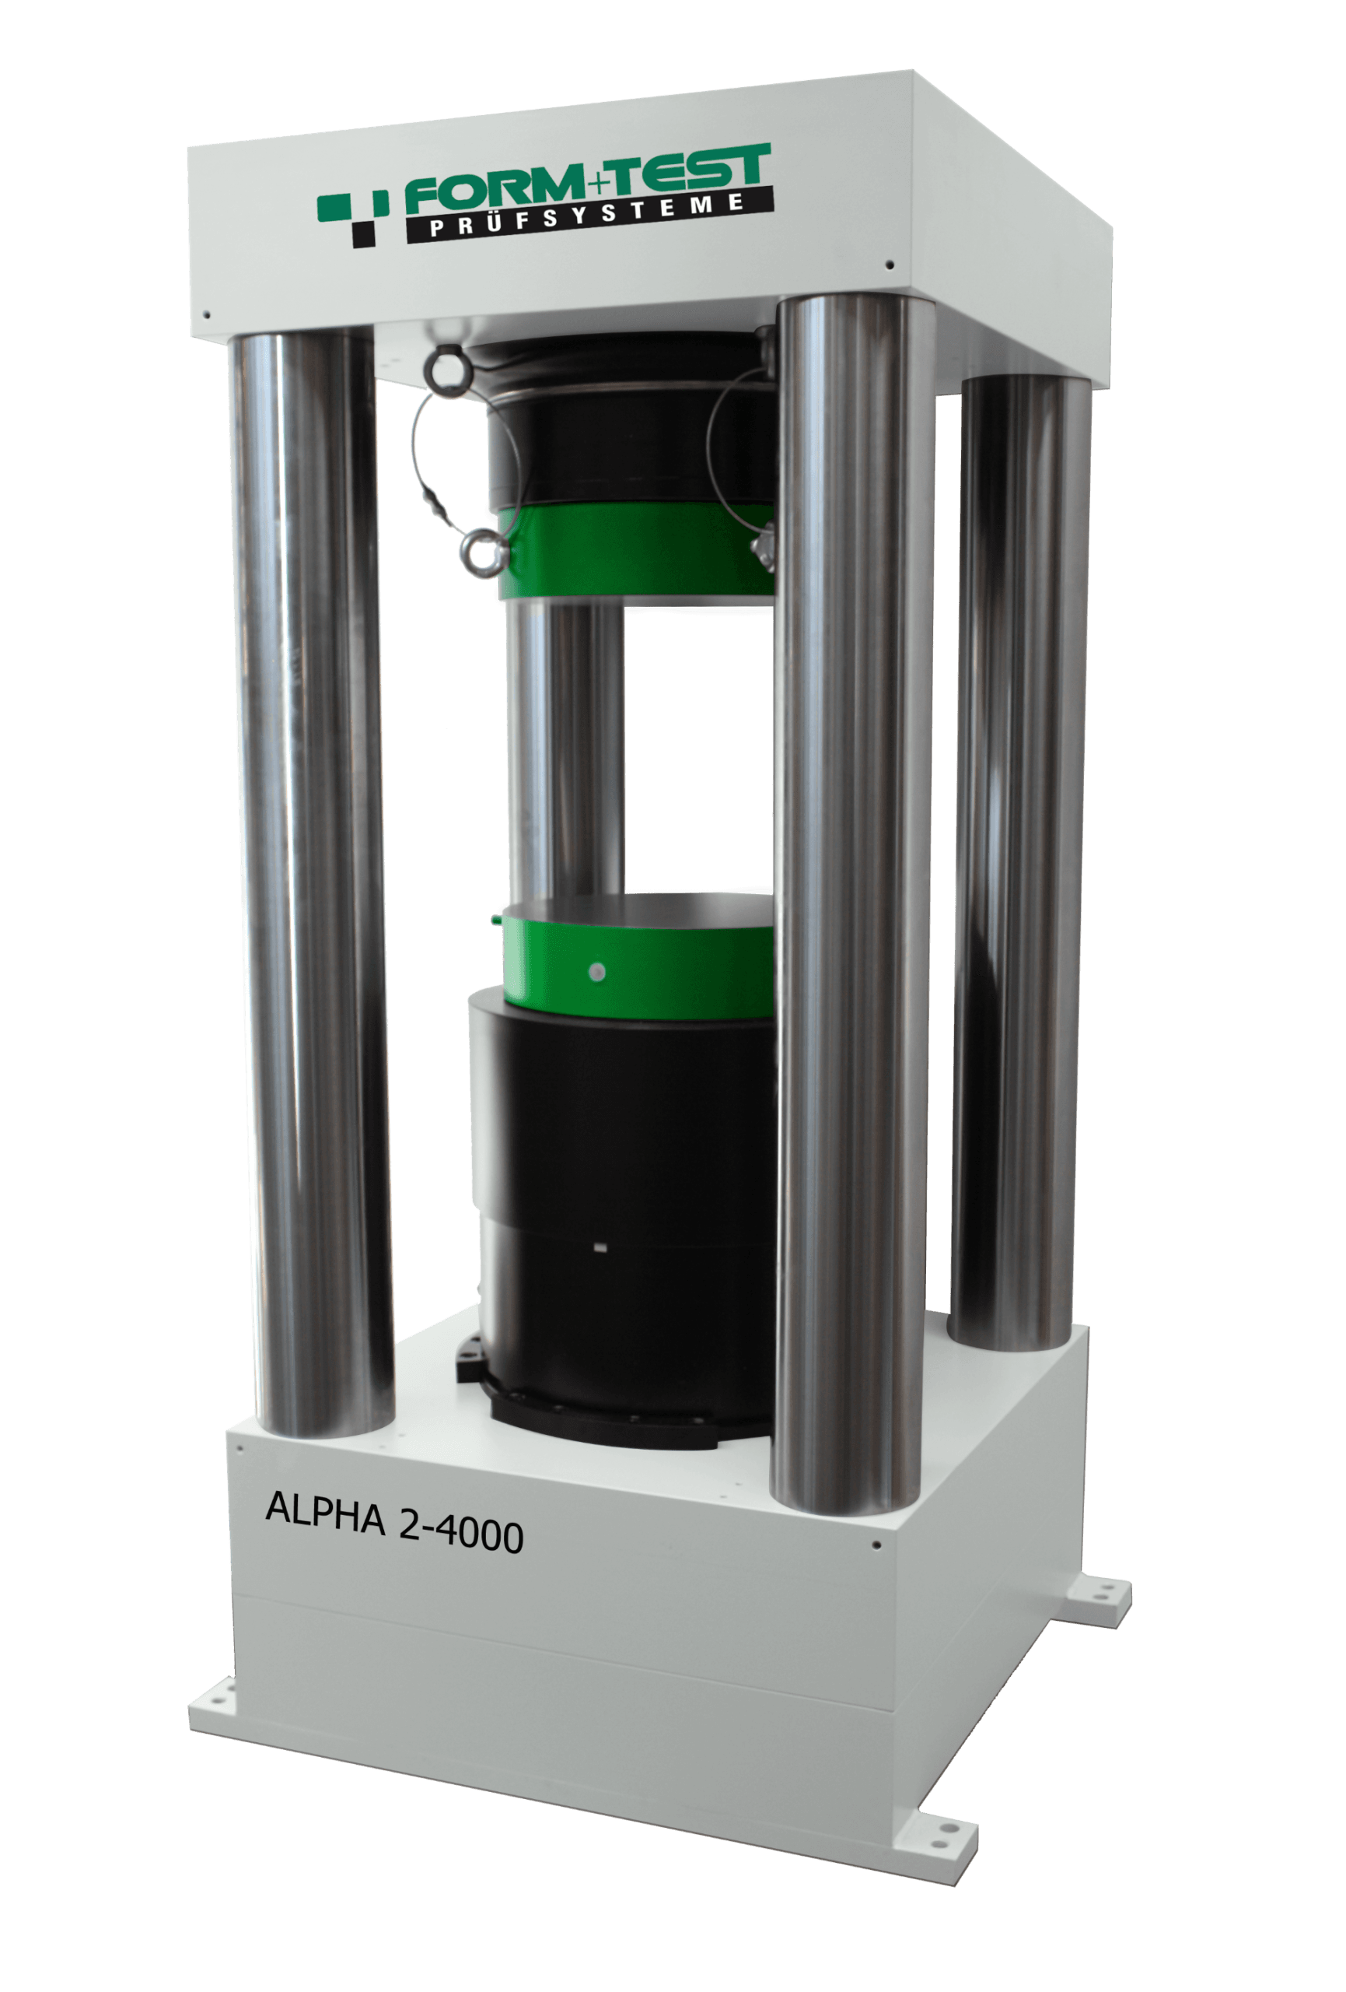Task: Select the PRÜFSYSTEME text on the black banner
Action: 588,214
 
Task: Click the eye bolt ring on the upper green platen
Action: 481,549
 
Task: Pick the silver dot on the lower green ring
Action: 598,972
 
